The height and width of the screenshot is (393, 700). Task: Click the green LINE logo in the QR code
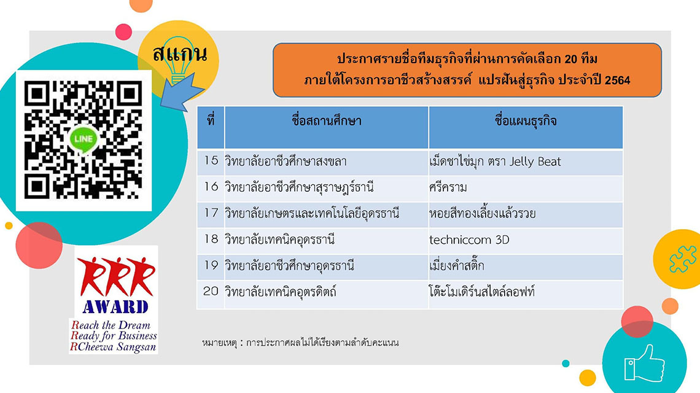coord(84,139)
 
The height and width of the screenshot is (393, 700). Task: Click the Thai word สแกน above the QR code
coord(180,54)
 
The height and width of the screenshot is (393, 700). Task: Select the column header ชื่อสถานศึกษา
coord(326,121)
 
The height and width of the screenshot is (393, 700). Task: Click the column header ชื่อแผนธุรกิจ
coord(526,120)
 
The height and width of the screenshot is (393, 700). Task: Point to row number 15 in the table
coord(211,160)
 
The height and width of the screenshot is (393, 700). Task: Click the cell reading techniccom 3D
coord(469,240)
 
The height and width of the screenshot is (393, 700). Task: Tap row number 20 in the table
coord(211,291)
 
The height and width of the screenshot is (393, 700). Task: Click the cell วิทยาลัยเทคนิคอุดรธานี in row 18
coord(279,240)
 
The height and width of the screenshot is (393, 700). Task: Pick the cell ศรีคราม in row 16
coord(448,187)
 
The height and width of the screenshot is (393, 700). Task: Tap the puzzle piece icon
coord(682,259)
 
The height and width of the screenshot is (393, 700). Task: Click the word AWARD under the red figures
coord(115,307)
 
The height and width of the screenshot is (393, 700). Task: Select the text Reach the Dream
coord(111,325)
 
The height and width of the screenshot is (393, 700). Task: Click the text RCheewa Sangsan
coord(114,347)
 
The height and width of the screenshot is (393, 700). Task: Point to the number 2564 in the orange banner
coord(617,80)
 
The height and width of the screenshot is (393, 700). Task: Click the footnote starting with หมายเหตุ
coord(300,343)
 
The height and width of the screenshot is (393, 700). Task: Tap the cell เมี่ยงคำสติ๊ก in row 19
coord(457,265)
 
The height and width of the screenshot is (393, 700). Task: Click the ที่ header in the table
coord(211,120)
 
